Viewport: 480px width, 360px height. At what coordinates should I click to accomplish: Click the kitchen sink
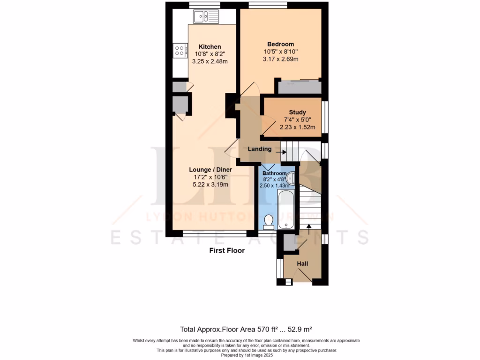pyautogui.click(x=205, y=17)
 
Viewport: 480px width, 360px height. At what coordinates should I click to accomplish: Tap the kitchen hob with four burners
pyautogui.click(x=180, y=50)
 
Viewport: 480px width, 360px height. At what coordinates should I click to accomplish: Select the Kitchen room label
pyautogui.click(x=210, y=46)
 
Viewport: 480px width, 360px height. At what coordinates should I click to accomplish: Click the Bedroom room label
pyautogui.click(x=280, y=44)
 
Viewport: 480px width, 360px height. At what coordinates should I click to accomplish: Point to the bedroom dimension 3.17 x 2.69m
pyautogui.click(x=280, y=59)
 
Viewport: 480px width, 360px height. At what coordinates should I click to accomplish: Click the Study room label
pyautogui.click(x=297, y=112)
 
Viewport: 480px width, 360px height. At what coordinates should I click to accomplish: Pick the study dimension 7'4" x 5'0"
pyautogui.click(x=297, y=120)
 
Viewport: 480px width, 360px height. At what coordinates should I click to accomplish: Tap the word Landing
pyautogui.click(x=260, y=149)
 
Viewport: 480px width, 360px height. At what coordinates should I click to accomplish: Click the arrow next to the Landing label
pyautogui.click(x=281, y=152)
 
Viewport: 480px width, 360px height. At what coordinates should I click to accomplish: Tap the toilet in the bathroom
pyautogui.click(x=269, y=222)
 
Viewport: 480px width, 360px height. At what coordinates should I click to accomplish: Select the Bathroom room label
pyautogui.click(x=274, y=173)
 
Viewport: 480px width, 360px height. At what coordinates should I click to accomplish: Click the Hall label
pyautogui.click(x=302, y=264)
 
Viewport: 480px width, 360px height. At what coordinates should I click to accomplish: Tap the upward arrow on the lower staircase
pyautogui.click(x=308, y=228)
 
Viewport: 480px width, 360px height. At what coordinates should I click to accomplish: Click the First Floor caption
pyautogui.click(x=226, y=251)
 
